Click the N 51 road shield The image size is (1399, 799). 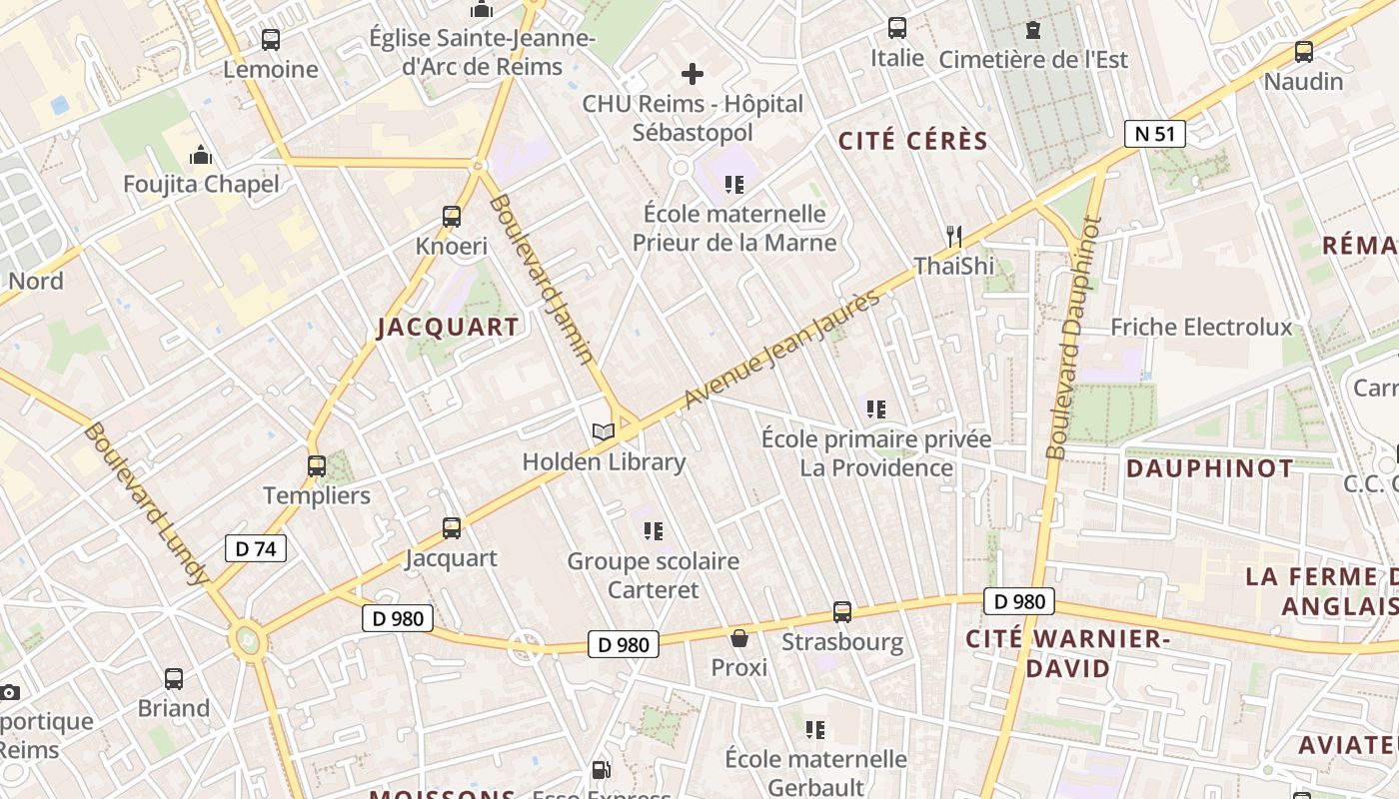pos(1154,134)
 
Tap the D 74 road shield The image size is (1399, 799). pos(256,548)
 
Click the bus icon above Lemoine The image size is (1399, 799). pos(271,40)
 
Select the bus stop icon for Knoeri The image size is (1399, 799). pos(452,217)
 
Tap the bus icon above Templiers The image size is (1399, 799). pos(317,466)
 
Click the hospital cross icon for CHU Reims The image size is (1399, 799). pos(692,74)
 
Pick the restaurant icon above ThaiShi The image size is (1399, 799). pos(953,237)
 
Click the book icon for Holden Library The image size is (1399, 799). pos(603,431)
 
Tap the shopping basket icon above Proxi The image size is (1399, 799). pos(739,638)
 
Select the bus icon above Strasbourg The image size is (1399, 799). pos(842,612)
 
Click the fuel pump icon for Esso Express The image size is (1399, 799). pos(601,770)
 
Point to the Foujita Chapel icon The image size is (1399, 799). pos(201,155)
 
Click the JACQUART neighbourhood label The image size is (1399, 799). pos(448,328)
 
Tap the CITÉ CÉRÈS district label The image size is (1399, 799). pos(912,141)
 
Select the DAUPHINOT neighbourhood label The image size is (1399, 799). pos(1209,468)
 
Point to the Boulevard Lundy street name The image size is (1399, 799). pos(147,504)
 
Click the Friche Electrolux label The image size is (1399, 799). pos(1201,328)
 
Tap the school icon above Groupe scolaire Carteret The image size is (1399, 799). pos(654,530)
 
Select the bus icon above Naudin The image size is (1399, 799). pos(1303,52)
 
